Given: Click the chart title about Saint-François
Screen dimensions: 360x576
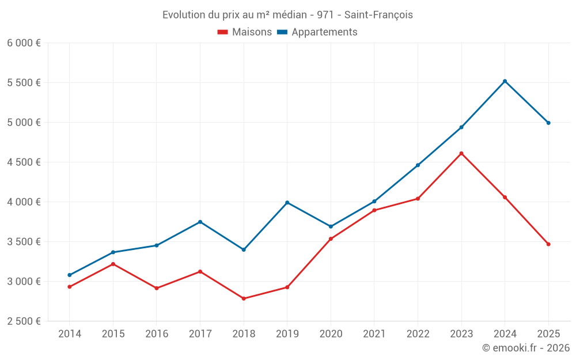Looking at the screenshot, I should click(x=287, y=14).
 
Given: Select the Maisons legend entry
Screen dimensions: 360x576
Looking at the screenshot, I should click(x=245, y=32).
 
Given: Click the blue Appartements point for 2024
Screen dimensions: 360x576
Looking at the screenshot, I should click(x=505, y=81).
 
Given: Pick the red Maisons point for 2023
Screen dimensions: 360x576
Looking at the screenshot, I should click(x=461, y=153).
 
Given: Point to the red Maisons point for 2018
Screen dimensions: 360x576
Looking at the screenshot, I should click(x=244, y=298).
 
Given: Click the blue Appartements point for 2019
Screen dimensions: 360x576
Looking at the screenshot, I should click(x=287, y=203).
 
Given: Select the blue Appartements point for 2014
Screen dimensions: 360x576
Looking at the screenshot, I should click(x=70, y=275).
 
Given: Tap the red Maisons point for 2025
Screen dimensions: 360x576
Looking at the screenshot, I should click(x=548, y=244).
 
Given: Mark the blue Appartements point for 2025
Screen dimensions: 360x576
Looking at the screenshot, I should click(x=548, y=123).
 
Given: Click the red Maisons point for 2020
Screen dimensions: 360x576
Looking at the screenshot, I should click(x=331, y=238).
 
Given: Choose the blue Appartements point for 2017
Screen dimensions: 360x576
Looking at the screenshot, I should click(x=200, y=222).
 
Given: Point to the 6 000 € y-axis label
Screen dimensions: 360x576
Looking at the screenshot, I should click(x=24, y=43).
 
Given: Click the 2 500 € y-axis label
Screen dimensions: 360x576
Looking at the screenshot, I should click(x=24, y=321).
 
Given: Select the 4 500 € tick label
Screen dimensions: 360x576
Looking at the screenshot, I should click(x=24, y=162).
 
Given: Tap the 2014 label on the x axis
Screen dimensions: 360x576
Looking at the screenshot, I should click(x=70, y=334).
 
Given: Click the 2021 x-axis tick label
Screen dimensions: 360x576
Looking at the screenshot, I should click(x=374, y=334).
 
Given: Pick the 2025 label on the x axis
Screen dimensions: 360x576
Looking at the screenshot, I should click(x=548, y=334).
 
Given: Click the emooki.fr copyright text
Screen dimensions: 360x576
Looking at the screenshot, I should click(x=525, y=348).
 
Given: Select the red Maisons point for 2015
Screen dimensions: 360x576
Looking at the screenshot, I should click(x=113, y=264).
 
